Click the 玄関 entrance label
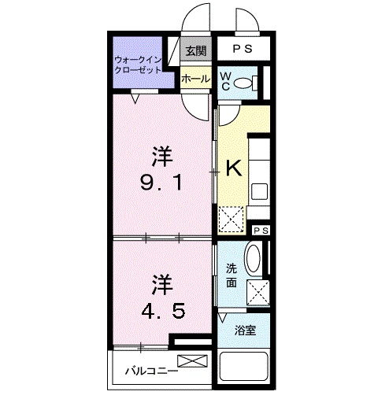click(195, 52)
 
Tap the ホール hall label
click(194, 79)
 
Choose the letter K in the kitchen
click(233, 168)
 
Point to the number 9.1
click(163, 184)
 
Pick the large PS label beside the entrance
click(243, 49)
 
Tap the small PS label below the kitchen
click(260, 229)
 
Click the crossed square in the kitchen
click(231, 218)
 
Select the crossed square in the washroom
click(257, 293)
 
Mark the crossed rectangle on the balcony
click(193, 361)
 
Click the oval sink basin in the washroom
click(254, 259)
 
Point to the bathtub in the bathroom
click(244, 368)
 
